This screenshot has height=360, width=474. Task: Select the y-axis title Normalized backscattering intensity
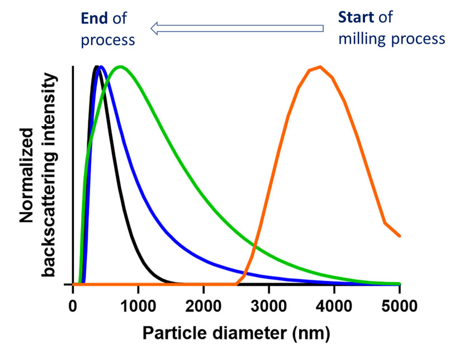point(40,174)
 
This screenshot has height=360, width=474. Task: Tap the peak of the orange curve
point(320,67)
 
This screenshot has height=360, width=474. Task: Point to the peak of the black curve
point(97,67)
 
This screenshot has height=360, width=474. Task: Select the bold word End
point(93,18)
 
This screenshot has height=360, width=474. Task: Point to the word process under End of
point(108,40)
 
